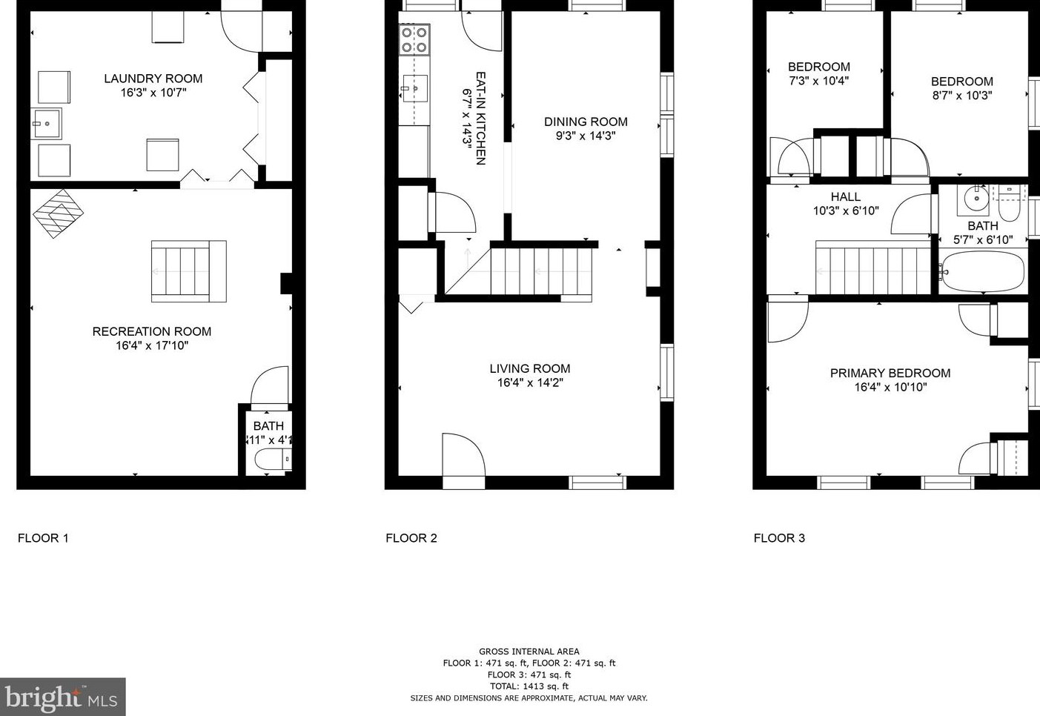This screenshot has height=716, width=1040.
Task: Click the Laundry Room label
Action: pos(153,79)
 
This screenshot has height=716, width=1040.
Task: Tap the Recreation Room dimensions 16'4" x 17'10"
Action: pos(152,345)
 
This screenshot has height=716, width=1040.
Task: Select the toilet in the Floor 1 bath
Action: pos(272,460)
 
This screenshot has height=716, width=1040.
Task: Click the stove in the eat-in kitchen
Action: pos(414,40)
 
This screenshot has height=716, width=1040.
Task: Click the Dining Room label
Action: pos(586,122)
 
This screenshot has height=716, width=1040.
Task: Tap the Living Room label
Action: pos(529,368)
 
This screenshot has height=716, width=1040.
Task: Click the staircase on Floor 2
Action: pos(541,271)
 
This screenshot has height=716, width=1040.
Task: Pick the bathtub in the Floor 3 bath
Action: pos(982,272)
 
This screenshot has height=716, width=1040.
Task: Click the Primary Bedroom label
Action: pos(890,373)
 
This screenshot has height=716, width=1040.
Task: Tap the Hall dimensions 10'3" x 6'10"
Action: pos(846,211)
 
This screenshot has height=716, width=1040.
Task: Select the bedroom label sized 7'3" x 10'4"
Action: pos(818,67)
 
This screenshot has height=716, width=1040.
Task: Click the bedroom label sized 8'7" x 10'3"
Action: pos(961,82)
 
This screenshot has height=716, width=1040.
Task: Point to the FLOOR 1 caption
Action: pos(43,538)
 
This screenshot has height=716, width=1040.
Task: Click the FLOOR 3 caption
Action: pos(779,538)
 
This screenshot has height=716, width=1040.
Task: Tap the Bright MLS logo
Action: pos(62,697)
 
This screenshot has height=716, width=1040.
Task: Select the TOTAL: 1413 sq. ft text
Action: pos(529,686)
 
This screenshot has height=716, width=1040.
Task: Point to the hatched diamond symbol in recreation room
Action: pos(58,213)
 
